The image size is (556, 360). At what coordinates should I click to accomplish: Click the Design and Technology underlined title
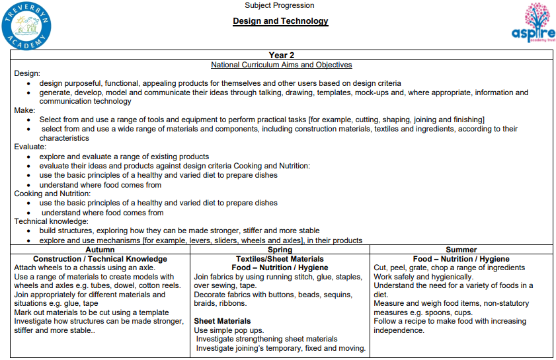pos(280,21)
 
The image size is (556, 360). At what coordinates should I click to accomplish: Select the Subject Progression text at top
pos(280,5)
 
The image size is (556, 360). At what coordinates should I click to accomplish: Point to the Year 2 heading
pos(282,55)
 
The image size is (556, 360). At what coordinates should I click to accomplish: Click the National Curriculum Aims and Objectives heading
pos(281,65)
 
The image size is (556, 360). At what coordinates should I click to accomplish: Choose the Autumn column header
pos(100,250)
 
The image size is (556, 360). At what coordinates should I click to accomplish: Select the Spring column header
pos(280,250)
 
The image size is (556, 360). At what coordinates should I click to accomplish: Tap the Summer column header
pos(461,250)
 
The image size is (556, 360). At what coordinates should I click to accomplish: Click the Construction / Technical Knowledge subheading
pos(100,259)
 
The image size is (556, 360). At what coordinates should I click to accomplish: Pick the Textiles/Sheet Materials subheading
pos(280,259)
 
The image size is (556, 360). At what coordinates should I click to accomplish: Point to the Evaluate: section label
pos(30,147)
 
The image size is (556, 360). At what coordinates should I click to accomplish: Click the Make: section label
pos(25,110)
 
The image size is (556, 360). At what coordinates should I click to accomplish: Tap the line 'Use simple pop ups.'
pos(229,330)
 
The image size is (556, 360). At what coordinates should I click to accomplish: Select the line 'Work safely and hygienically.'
pos(423,277)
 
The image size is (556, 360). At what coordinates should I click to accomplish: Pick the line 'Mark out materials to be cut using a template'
pos(91,312)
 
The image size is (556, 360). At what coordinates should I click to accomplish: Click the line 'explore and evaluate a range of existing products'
pos(124,157)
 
